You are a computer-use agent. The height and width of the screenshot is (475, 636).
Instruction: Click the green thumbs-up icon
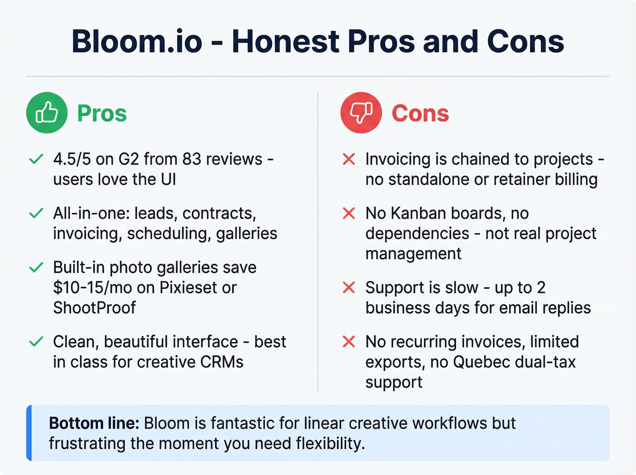coord(47,113)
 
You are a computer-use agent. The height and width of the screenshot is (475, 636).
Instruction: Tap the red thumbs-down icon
coord(361,113)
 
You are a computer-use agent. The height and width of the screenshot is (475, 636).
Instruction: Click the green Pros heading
coord(102,113)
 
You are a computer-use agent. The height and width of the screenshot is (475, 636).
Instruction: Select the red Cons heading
coord(420,113)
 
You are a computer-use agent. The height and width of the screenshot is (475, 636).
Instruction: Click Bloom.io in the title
coord(137,41)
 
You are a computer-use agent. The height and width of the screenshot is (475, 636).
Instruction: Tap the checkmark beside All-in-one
coord(36,213)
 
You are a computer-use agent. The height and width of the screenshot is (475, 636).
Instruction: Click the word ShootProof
coord(94,308)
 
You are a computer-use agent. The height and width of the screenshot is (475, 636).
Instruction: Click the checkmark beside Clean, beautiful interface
coord(36,341)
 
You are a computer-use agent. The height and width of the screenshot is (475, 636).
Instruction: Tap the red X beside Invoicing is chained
coord(349,159)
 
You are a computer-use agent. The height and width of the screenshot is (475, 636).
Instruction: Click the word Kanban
coord(418,213)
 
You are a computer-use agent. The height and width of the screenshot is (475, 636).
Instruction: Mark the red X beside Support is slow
coord(349,287)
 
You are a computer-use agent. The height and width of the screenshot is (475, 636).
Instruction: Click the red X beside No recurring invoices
coord(349,341)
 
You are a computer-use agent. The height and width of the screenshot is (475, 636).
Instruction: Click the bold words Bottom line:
coord(94,423)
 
